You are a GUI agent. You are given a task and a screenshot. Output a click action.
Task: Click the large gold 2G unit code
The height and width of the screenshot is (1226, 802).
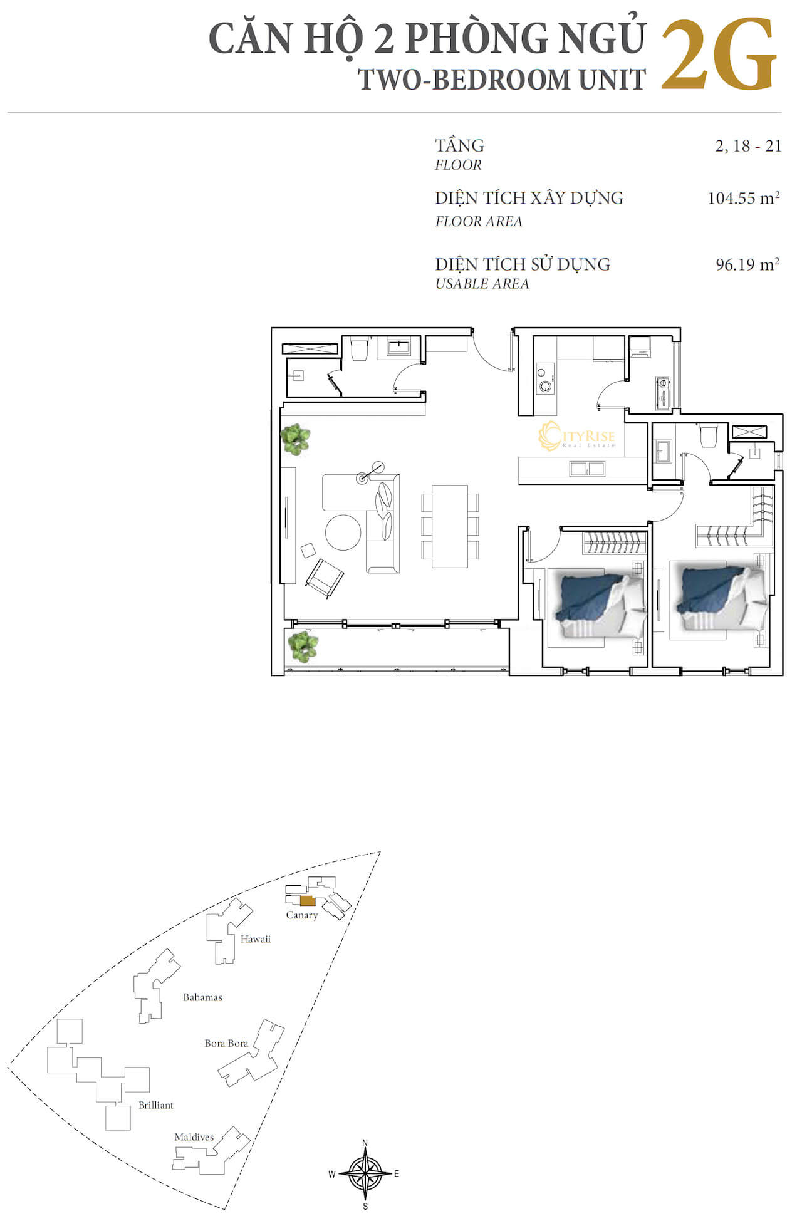pos(719,56)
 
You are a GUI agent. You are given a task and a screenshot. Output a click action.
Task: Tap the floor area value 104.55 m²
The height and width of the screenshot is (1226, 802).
pos(744,198)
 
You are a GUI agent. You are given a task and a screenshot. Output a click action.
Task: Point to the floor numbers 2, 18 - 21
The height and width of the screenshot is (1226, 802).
pos(748,146)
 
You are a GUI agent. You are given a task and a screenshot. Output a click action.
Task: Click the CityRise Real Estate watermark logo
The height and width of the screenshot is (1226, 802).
pos(576,436)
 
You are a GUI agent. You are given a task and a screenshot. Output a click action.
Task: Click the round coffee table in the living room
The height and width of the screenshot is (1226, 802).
pos(343,532)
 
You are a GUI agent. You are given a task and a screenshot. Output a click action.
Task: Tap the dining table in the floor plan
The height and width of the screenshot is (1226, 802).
pos(450,526)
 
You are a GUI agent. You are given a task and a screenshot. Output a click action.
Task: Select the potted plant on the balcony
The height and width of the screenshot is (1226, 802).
pos(303,647)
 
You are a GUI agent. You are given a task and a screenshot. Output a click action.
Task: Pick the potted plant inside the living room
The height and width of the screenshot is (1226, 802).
pos(295,439)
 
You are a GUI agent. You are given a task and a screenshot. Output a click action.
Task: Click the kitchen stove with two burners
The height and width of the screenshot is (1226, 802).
pos(545,379)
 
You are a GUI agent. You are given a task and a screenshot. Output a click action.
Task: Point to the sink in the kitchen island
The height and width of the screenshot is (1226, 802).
pos(587,469)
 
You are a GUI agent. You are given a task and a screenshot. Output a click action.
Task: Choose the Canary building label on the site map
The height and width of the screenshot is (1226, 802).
pos(302,915)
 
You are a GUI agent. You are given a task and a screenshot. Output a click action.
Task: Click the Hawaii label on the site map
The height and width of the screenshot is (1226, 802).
pos(256,939)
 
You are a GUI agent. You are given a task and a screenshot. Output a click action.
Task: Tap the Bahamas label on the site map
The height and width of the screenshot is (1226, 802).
pos(202,997)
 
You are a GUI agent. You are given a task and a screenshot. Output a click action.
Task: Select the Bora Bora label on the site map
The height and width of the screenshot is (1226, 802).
pos(226,1043)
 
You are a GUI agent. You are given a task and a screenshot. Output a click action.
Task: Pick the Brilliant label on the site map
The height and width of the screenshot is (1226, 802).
pos(156,1105)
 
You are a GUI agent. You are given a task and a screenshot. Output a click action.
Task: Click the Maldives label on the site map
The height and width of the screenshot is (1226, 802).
pos(194,1137)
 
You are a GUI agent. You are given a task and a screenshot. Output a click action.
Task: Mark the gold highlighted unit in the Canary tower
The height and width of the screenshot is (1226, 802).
pos(307,901)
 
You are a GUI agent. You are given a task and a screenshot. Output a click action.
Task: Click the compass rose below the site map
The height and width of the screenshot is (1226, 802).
pos(365,1173)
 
